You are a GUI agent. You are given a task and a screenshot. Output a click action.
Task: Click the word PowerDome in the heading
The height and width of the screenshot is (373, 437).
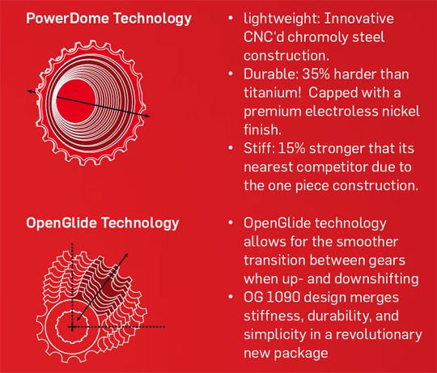point(67,19)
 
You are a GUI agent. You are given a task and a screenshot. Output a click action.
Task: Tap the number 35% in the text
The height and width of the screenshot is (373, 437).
point(316,74)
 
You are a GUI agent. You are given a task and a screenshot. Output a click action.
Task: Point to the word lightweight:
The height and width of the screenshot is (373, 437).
point(282,19)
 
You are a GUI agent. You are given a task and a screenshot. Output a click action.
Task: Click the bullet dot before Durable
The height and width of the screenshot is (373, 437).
point(231,74)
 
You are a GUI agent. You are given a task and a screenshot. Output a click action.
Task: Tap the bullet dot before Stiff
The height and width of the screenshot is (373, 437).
point(231,148)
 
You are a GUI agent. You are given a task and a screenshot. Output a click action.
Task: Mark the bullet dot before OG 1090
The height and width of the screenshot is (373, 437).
point(231,297)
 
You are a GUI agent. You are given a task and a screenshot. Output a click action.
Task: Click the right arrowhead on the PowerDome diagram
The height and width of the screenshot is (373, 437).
point(148,116)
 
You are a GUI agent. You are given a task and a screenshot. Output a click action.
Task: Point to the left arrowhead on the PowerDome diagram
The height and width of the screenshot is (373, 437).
point(30,91)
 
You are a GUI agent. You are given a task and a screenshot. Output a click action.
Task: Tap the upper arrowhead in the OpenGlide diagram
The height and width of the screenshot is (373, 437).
point(126,255)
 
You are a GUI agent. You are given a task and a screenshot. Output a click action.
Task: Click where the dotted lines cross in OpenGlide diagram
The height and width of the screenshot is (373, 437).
point(73,327)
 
